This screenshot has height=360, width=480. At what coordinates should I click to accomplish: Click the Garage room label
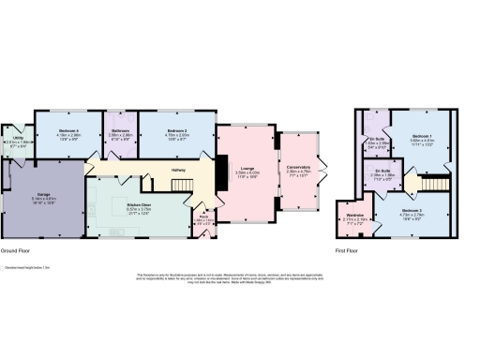click(44, 194)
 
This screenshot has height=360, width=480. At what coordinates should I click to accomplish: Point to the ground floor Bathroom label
click(120, 130)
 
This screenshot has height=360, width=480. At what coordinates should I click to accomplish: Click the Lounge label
click(247, 168)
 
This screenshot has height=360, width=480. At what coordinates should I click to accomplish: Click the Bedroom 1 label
click(419, 136)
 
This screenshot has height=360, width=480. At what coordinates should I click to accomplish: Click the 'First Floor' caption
click(349, 252)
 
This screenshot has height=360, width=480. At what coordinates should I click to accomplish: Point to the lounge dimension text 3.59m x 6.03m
click(247, 173)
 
